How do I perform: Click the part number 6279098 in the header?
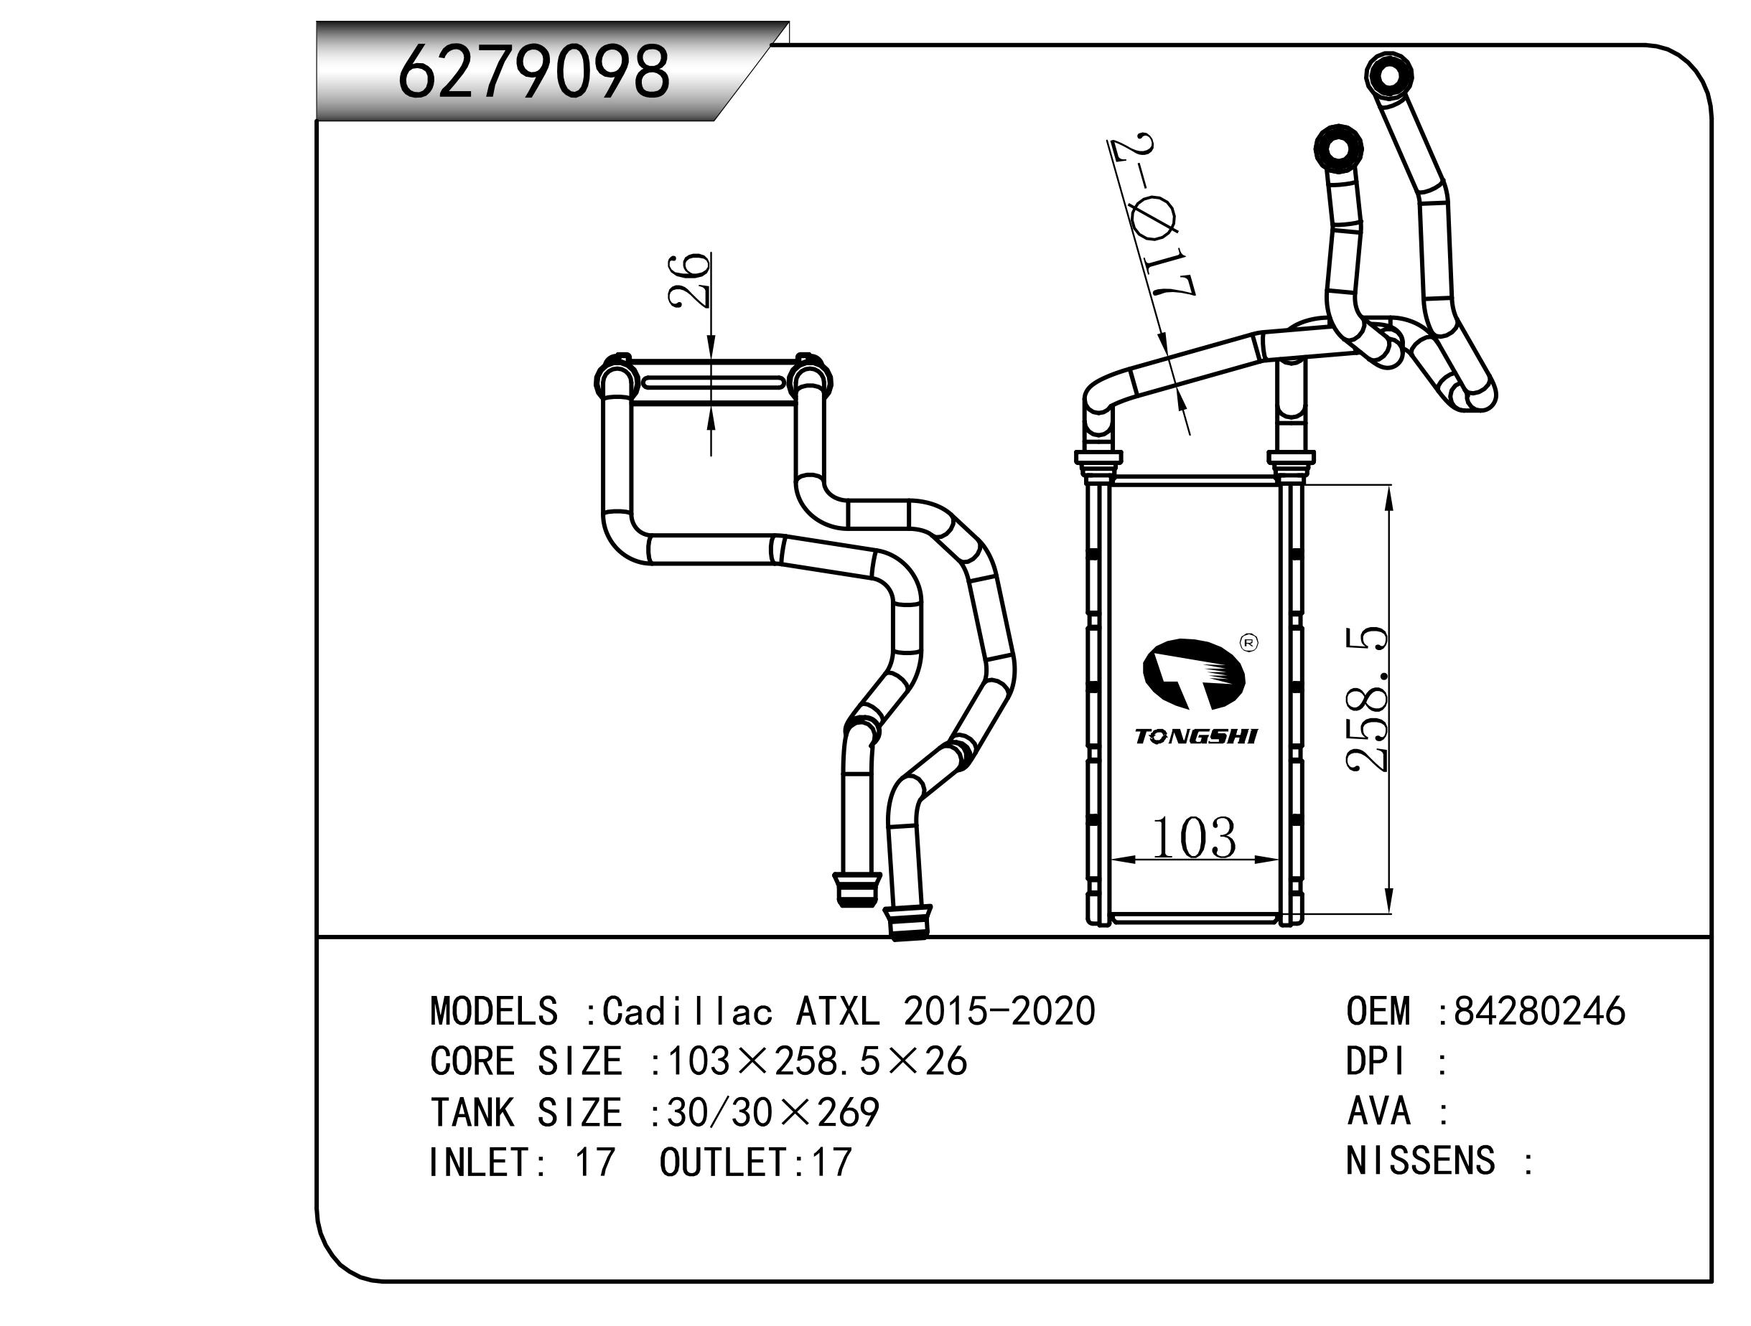pos(533,72)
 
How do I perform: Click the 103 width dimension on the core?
pos(1193,838)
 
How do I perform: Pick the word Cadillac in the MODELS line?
pos(687,1011)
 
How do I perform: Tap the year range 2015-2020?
pos(999,1011)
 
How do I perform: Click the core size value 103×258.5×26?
pos(817,1061)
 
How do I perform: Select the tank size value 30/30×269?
pos(772,1112)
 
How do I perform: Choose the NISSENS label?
pos(1420,1161)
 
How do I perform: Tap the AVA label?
pos(1378,1111)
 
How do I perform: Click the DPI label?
pos(1376,1061)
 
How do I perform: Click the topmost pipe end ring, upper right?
pos(1389,76)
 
